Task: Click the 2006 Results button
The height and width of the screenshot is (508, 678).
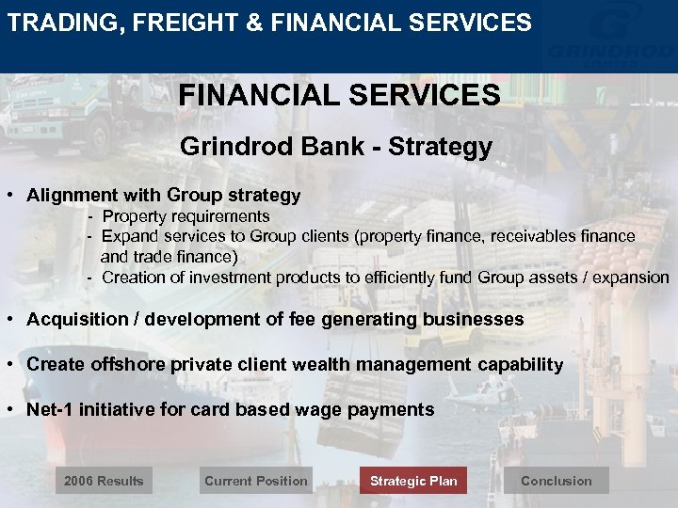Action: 104,481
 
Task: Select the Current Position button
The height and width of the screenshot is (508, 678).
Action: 255,481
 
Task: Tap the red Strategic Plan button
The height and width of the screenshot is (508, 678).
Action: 413,481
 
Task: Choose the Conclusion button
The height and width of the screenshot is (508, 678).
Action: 556,481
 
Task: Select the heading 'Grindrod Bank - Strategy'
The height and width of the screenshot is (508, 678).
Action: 336,147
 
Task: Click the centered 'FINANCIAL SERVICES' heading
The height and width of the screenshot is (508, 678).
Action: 339,95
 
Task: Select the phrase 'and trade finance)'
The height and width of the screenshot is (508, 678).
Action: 169,257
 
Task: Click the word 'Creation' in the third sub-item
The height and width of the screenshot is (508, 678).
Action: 132,278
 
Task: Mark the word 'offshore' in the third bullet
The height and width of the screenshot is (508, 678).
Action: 128,365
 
